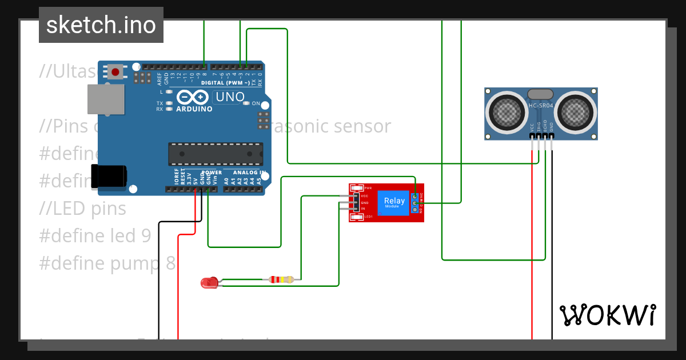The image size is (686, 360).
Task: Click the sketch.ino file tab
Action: [101, 25]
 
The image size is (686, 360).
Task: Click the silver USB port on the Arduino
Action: [105, 99]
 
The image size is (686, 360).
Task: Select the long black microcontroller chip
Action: [216, 154]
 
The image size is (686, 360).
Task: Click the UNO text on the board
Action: [229, 98]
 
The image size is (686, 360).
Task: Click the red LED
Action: [209, 282]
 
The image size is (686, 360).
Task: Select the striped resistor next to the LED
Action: [281, 279]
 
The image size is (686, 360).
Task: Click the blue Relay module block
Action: [394, 203]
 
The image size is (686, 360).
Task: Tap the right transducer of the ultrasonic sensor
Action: [575, 113]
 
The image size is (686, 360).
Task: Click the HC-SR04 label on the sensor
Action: [540, 106]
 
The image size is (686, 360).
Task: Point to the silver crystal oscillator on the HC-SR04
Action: [540, 94]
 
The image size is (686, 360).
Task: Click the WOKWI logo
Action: [608, 315]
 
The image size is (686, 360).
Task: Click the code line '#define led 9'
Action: [95, 235]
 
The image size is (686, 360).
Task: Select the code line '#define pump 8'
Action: [107, 263]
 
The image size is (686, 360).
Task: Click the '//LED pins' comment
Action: [83, 209]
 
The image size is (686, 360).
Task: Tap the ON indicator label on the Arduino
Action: [256, 103]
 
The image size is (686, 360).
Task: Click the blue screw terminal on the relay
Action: [414, 203]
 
